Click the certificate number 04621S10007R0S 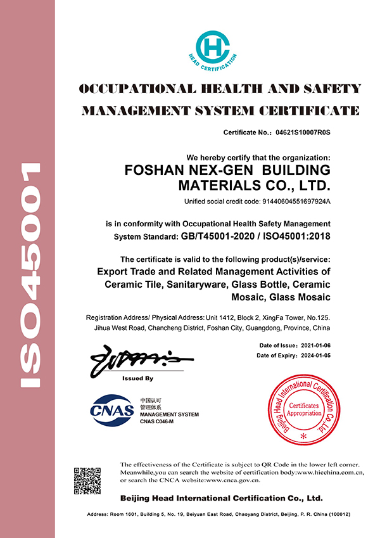pyautogui.click(x=303, y=133)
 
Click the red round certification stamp pyautogui.click(x=305, y=410)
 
